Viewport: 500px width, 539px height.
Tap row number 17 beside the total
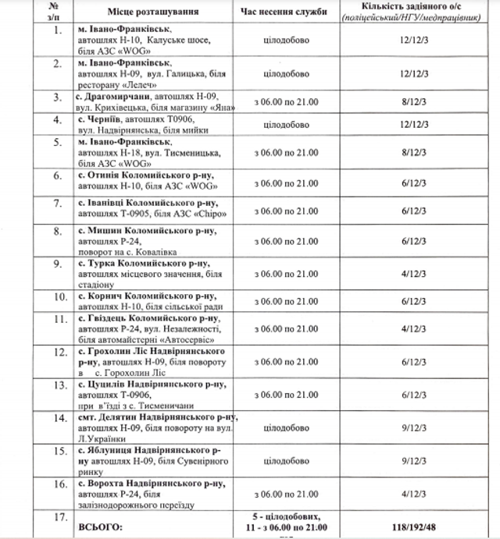pyautogui.click(x=57, y=516)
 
